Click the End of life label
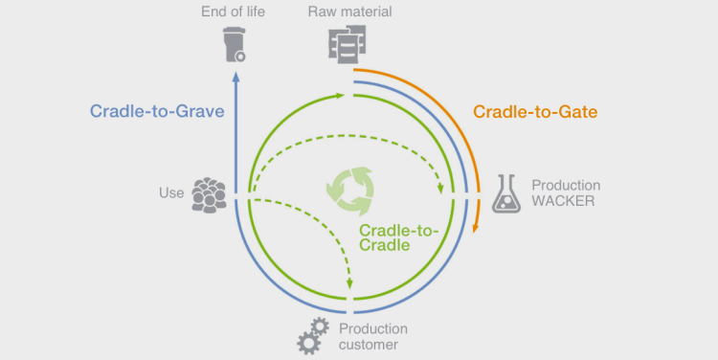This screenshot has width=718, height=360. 234,11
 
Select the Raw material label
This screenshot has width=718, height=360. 350,11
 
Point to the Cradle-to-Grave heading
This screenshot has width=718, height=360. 157,111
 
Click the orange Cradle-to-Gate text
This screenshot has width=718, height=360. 535,112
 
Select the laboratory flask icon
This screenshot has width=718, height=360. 505,193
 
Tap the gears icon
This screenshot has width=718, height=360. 314,335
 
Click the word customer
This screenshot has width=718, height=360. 369,344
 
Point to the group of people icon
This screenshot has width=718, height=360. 209,193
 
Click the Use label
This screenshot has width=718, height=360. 170,192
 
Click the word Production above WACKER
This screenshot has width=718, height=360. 566,185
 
